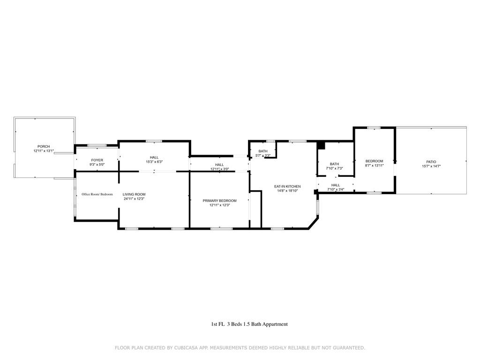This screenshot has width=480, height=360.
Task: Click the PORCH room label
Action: (44, 147)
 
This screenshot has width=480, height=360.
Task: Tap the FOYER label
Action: (97, 160)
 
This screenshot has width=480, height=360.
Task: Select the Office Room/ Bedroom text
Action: (97, 194)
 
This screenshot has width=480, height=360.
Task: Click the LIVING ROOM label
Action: (134, 194)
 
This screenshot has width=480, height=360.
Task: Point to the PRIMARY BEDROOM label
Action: (219, 201)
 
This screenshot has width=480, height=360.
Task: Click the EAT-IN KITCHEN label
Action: (287, 187)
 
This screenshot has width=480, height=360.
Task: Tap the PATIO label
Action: (431, 162)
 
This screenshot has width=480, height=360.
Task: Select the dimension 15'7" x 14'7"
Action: (431, 166)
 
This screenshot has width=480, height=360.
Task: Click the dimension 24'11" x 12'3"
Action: (134, 199)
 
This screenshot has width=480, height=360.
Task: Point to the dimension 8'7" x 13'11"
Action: (374, 165)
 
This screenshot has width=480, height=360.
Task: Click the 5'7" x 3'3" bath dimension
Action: (262, 156)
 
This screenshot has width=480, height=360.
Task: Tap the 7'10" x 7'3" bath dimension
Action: (334, 168)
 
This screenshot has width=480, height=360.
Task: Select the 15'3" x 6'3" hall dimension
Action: (154, 162)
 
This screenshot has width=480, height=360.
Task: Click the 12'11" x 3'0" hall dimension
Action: (219, 169)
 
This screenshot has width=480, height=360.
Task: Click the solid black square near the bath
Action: (321, 145)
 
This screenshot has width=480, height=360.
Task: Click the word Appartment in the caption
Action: (275, 324)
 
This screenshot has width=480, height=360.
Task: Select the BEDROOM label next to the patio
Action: (374, 161)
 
